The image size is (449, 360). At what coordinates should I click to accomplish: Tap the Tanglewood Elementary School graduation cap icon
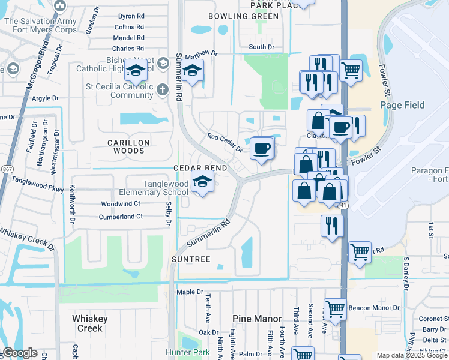click(202, 182)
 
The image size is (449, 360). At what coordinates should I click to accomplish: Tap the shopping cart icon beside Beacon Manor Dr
click(335, 310)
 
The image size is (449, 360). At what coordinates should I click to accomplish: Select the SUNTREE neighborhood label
click(192, 259)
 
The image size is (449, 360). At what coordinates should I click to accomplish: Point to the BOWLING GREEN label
click(244, 16)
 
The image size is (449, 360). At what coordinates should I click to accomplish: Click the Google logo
click(19, 353)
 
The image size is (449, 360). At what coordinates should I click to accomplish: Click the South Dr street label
click(261, 47)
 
